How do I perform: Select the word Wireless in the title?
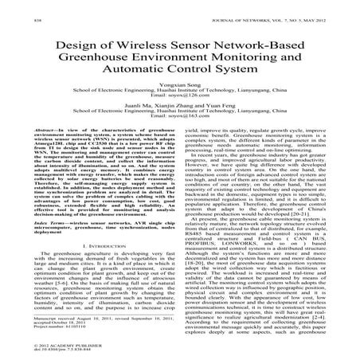click(x=133, y=44)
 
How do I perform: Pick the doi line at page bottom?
click(x=52, y=350)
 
